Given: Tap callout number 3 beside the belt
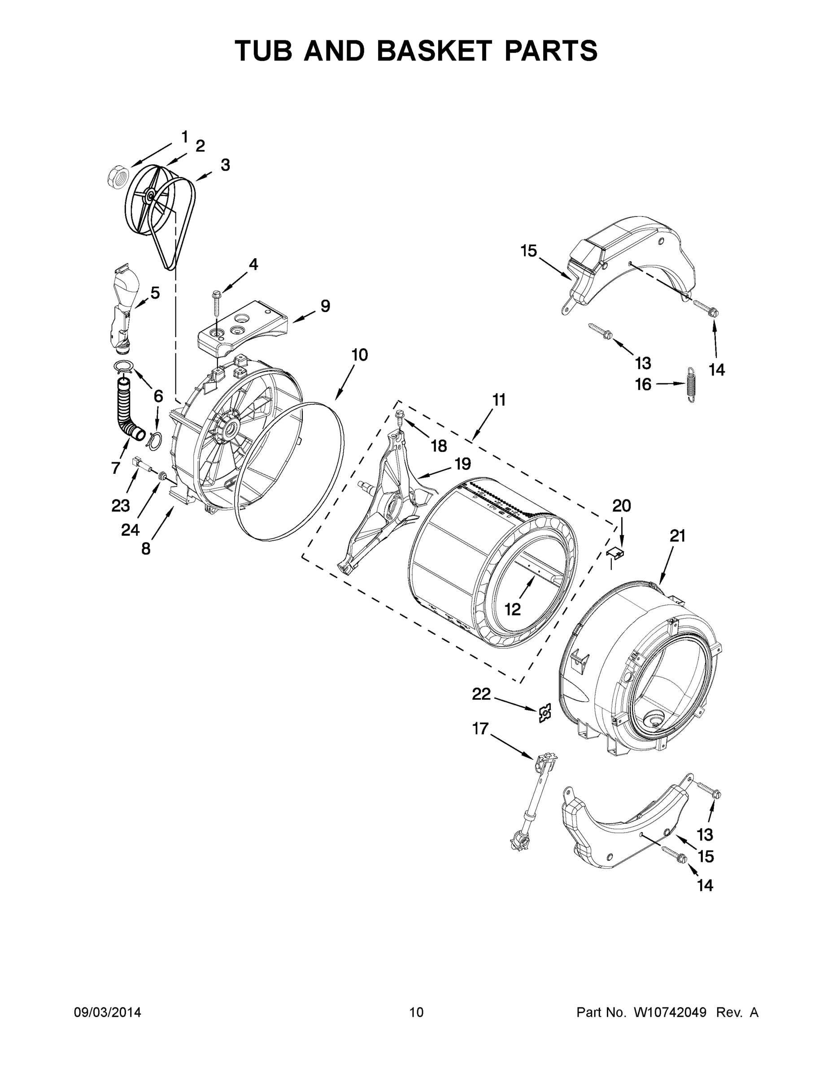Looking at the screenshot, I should click(225, 165).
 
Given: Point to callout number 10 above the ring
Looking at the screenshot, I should click(359, 355).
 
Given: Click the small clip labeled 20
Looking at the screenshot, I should click(614, 553).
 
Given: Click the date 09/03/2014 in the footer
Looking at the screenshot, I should click(108, 1012).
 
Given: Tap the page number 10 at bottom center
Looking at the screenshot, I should click(416, 1012).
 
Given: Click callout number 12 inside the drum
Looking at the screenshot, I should click(513, 609).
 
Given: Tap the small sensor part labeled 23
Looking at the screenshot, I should click(139, 464).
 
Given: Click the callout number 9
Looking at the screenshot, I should click(325, 306).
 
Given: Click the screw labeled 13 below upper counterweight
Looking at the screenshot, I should click(601, 330).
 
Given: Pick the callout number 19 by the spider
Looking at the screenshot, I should click(462, 464).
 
